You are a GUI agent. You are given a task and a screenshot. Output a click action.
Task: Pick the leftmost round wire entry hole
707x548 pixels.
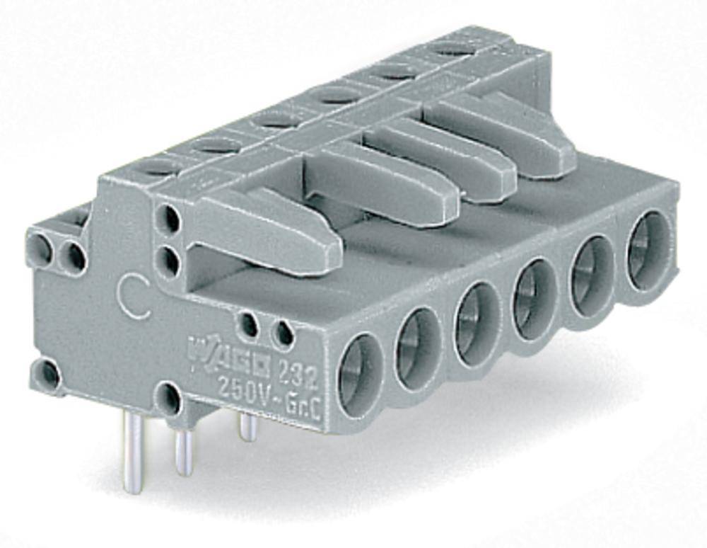[x=360, y=372]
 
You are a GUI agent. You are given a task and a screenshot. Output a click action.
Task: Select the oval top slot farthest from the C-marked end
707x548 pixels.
[x=452, y=48]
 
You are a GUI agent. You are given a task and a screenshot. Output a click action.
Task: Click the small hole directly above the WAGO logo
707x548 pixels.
[x=249, y=324]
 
